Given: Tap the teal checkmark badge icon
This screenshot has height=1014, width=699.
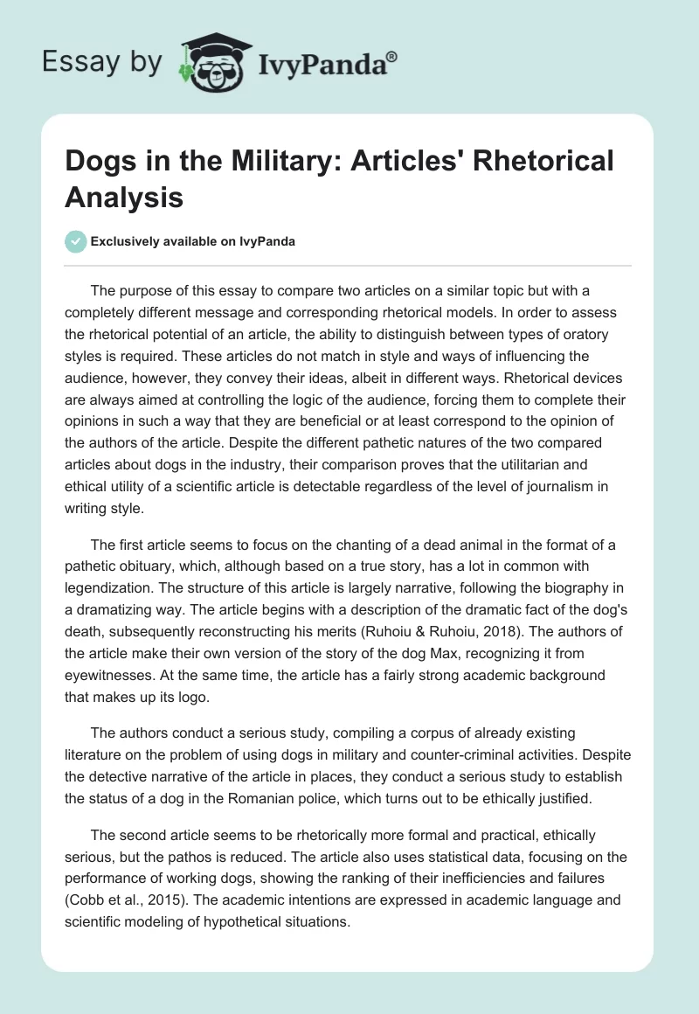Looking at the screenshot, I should tap(76, 241).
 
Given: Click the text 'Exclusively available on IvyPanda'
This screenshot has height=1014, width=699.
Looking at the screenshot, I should tap(192, 242).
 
